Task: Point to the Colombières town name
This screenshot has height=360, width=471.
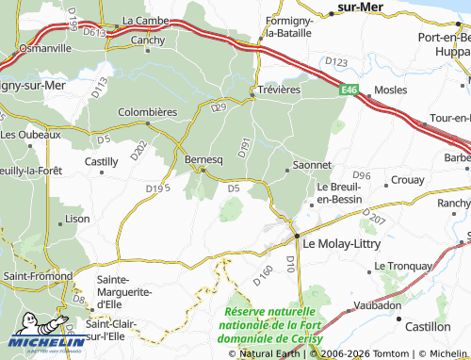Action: [x=148, y=111]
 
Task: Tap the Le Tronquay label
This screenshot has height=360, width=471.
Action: [x=403, y=266]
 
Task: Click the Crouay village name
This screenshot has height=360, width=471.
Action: [x=407, y=179]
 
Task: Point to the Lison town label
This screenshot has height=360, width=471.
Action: [x=78, y=218]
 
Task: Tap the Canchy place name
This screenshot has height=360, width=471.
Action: [x=148, y=41]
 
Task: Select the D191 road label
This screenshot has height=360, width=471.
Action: [x=243, y=147]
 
